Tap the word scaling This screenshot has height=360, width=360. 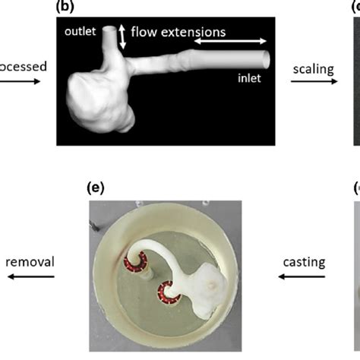pos(312,68)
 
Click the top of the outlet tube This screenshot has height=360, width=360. pos(110,30)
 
